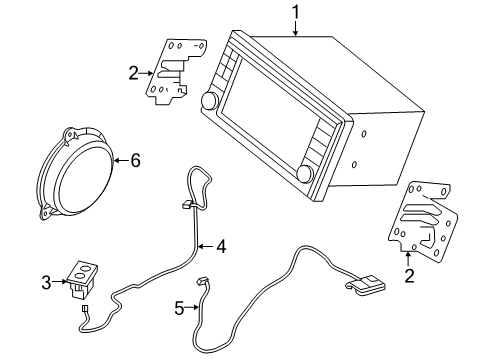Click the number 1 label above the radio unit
click(x=295, y=12)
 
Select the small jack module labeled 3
click(x=79, y=278)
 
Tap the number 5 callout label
click(x=180, y=308)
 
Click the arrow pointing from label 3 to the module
click(x=59, y=284)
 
